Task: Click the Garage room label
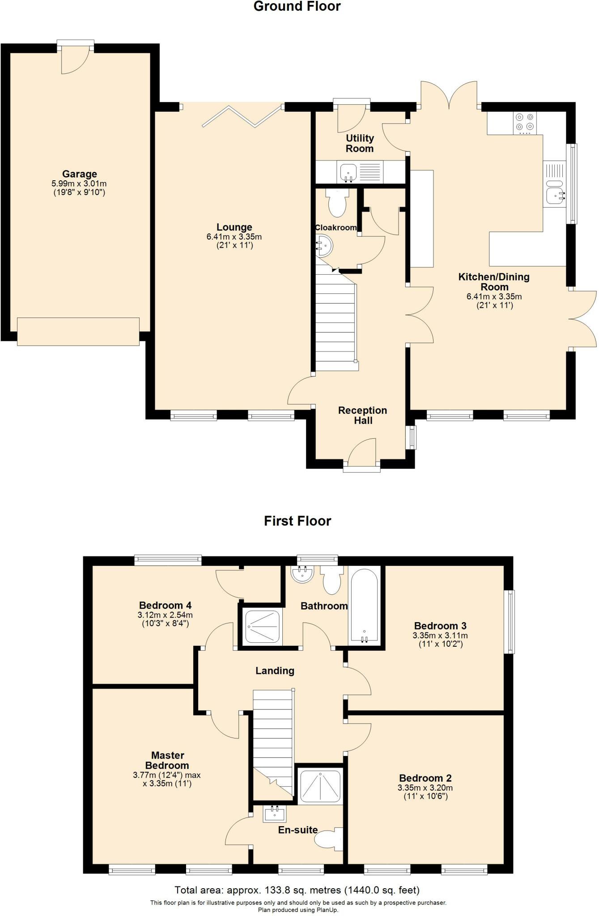pyautogui.click(x=80, y=174)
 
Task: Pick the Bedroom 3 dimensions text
pyautogui.click(x=440, y=640)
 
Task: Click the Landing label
pyautogui.click(x=275, y=671)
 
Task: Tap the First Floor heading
pyautogui.click(x=297, y=521)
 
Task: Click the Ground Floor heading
pyautogui.click(x=297, y=6)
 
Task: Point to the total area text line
pyautogui.click(x=297, y=890)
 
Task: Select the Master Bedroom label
pyautogui.click(x=167, y=760)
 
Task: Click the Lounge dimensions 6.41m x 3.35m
pyautogui.click(x=234, y=237)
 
